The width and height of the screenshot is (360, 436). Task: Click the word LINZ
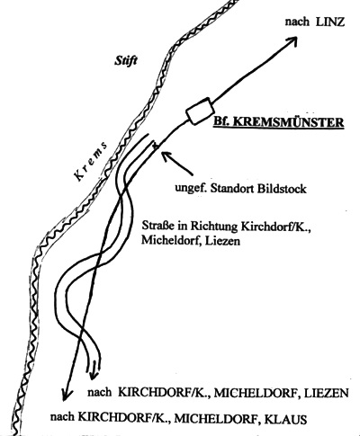click(330, 22)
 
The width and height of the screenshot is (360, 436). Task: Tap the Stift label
click(126, 61)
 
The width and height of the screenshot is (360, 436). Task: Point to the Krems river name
click(91, 161)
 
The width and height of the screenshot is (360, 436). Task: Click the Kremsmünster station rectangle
click(199, 111)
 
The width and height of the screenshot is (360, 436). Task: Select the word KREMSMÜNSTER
click(288, 122)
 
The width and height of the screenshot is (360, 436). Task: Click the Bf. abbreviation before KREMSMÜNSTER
click(221, 122)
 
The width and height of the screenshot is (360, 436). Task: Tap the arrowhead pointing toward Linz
click(292, 41)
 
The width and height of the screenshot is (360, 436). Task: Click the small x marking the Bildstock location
click(155, 146)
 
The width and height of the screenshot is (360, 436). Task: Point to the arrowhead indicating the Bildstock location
click(166, 156)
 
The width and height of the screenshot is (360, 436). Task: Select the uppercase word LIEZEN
click(327, 393)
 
